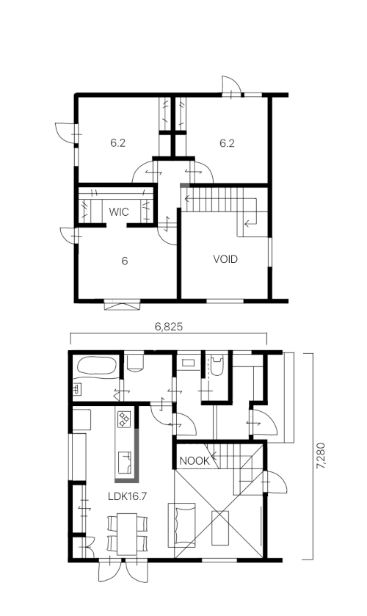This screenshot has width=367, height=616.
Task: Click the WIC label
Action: pyautogui.click(x=119, y=212)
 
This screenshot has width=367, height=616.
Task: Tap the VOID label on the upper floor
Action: pyautogui.click(x=225, y=259)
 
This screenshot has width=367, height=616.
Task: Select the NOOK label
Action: pyautogui.click(x=195, y=461)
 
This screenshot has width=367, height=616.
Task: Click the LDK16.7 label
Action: pyautogui.click(x=127, y=496)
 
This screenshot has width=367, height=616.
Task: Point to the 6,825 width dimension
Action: pyautogui.click(x=169, y=327)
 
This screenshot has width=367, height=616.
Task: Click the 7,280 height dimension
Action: pyautogui.click(x=321, y=456)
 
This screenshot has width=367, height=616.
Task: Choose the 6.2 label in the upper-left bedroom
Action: pyautogui.click(x=117, y=143)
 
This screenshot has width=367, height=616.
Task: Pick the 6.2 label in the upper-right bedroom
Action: pyautogui.click(x=227, y=143)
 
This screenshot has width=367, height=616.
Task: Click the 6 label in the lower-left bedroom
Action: pyautogui.click(x=125, y=261)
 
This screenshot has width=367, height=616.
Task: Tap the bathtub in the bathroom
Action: pyautogui.click(x=97, y=366)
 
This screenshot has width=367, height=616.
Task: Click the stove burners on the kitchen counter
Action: pyautogui.click(x=125, y=418)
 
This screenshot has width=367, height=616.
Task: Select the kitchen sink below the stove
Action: pyautogui.click(x=126, y=463)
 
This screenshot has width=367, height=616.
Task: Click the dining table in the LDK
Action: pyautogui.click(x=127, y=534)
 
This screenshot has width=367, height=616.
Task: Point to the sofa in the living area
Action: pyautogui.click(x=182, y=525)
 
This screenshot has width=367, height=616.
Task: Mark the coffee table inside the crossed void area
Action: pyautogui.click(x=220, y=528)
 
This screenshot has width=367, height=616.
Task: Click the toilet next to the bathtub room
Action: pyautogui.click(x=135, y=363)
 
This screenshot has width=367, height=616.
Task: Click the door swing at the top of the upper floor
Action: pyautogui.click(x=230, y=86)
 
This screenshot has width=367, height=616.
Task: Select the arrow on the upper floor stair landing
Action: pyautogui.click(x=250, y=224)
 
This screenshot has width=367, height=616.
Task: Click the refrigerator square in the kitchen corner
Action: pyautogui.click(x=81, y=419)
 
